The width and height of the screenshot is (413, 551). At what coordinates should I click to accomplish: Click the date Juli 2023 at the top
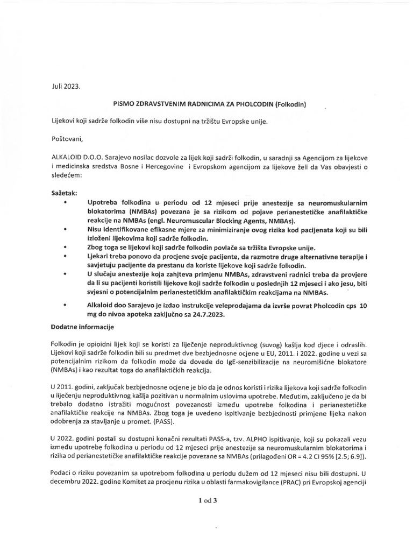(64, 86)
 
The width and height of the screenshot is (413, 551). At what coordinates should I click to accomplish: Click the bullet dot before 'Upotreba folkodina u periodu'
(65, 202)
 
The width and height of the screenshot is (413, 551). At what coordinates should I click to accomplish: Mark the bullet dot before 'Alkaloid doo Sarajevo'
(65, 305)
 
